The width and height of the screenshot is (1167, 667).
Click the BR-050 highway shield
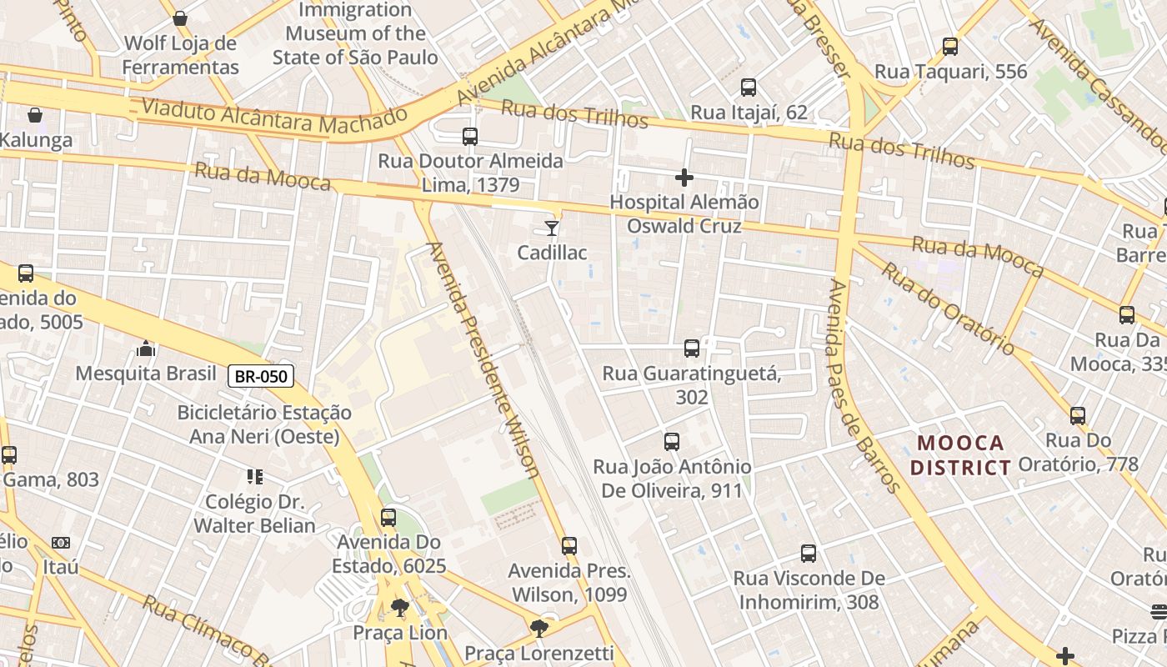tap(261, 376)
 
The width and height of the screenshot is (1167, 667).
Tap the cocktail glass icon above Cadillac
tap(551, 228)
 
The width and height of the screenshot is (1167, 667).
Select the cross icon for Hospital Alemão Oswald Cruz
tap(684, 178)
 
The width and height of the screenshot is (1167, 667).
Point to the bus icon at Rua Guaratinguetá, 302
tap(691, 349)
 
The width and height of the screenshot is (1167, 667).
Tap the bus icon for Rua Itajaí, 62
tap(749, 88)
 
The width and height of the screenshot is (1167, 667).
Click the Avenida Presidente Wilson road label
tap(483, 359)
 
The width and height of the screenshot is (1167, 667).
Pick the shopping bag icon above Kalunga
tap(35, 115)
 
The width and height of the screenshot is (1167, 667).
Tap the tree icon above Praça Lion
tap(400, 607)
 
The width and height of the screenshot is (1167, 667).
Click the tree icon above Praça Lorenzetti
tap(539, 628)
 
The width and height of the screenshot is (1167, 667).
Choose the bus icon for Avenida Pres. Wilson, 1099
tap(569, 546)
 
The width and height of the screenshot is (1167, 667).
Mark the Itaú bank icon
tap(61, 543)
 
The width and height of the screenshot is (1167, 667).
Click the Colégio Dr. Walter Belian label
tap(255, 514)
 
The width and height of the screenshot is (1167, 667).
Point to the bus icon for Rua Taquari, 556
tap(950, 47)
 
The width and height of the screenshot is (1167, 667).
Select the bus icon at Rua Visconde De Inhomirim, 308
tap(808, 553)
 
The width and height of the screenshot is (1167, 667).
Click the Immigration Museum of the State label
tap(355, 34)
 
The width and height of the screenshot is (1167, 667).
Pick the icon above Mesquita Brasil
tap(146, 348)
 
